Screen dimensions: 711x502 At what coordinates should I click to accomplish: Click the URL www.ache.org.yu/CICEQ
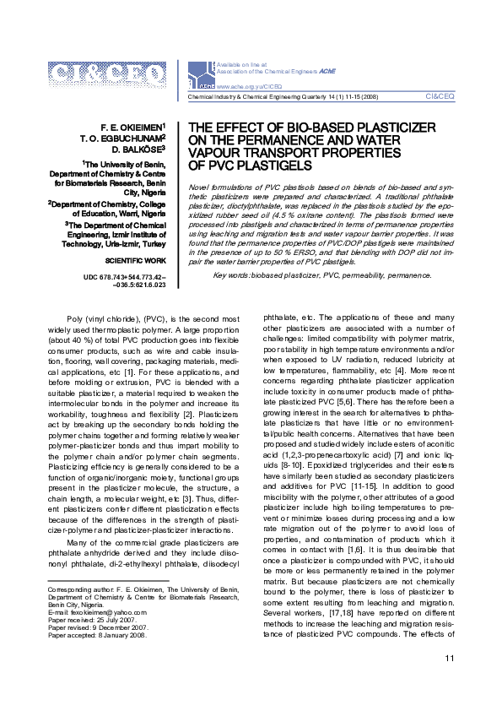tap(244, 86)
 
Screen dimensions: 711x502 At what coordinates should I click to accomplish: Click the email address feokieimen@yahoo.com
tap(97, 612)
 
